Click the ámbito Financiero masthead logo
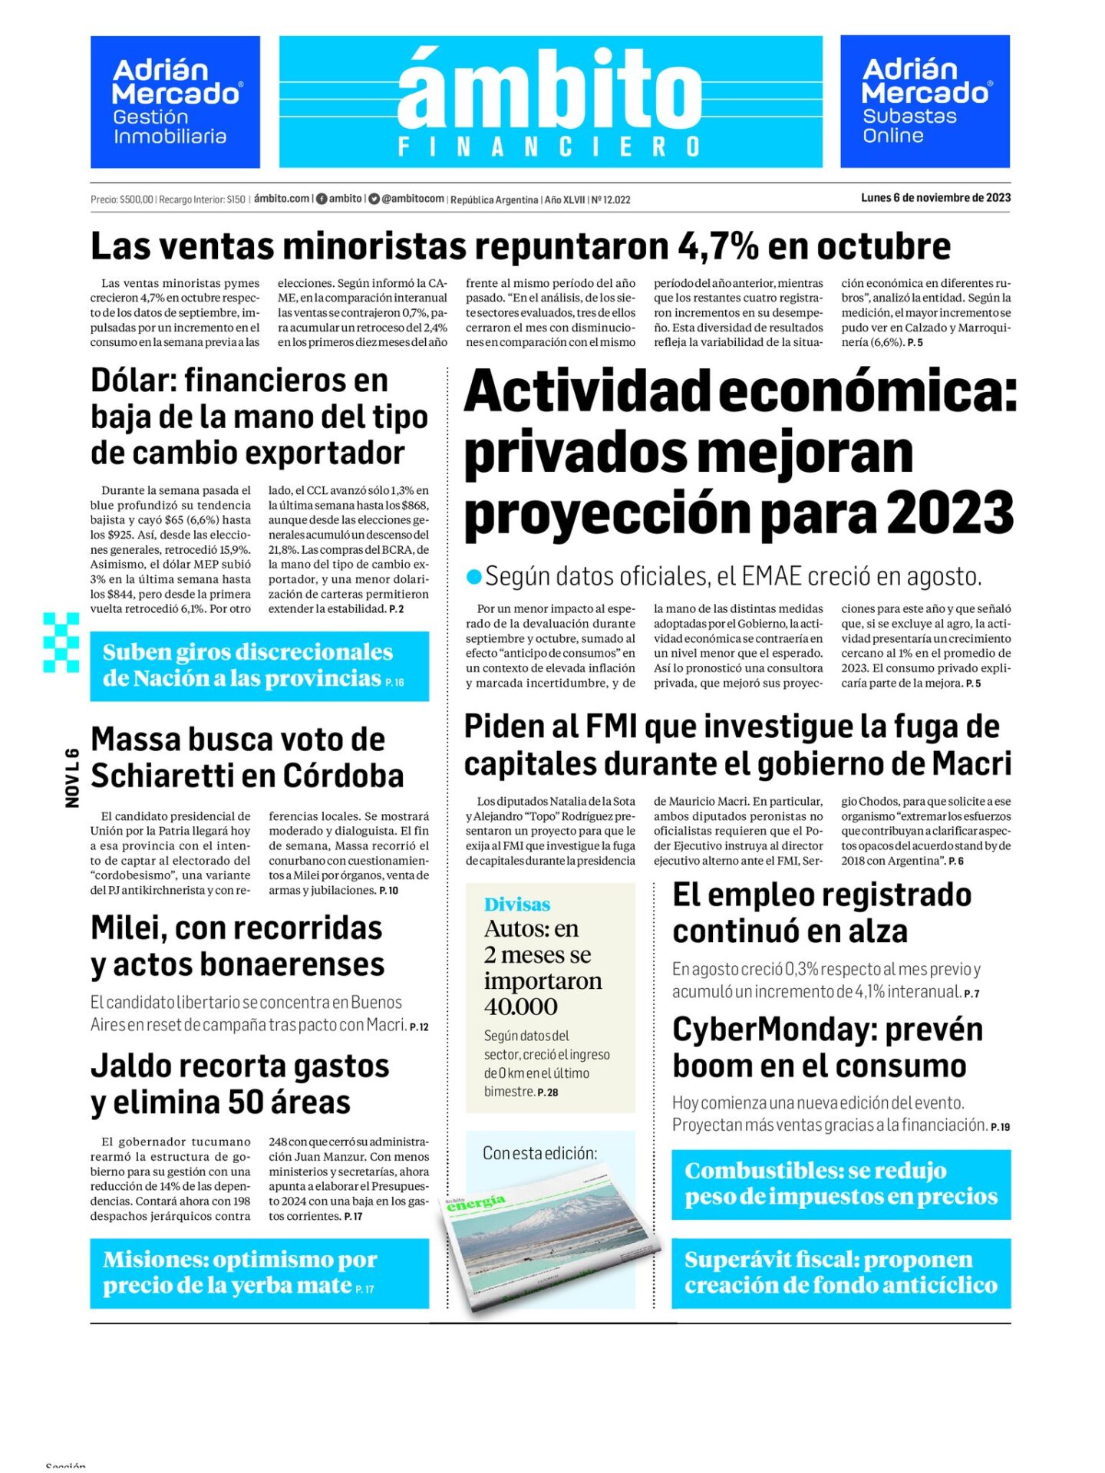pyautogui.click(x=550, y=101)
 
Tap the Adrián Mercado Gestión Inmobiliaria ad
pyautogui.click(x=175, y=102)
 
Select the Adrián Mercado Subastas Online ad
pyautogui.click(x=925, y=101)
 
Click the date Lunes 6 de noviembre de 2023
pyautogui.click(x=935, y=198)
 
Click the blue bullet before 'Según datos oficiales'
pyautogui.click(x=474, y=576)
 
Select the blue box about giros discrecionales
pyautogui.click(x=259, y=665)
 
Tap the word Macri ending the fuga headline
pyautogui.click(x=971, y=764)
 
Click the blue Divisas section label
pyautogui.click(x=517, y=905)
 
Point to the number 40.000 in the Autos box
pyautogui.click(x=521, y=1007)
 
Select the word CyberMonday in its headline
pyautogui.click(x=773, y=1030)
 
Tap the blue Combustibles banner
pyautogui.click(x=841, y=1184)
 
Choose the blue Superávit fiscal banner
pyautogui.click(x=841, y=1273)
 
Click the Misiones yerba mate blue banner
pyautogui.click(x=259, y=1273)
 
